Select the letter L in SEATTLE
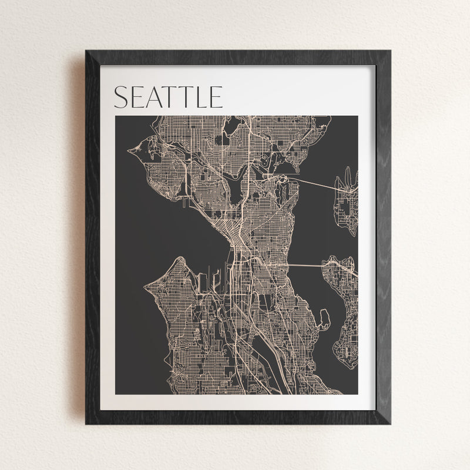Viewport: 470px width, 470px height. (201, 98)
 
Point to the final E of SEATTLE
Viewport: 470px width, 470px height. (216, 98)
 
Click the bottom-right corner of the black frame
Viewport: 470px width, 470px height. (390, 422)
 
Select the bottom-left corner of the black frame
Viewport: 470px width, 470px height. (87, 422)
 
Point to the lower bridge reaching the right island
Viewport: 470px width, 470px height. (305, 266)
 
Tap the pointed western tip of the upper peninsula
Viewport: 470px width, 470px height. (129, 152)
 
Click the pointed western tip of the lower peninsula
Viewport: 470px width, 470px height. (145, 286)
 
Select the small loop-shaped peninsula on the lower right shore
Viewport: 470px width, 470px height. (323, 318)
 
